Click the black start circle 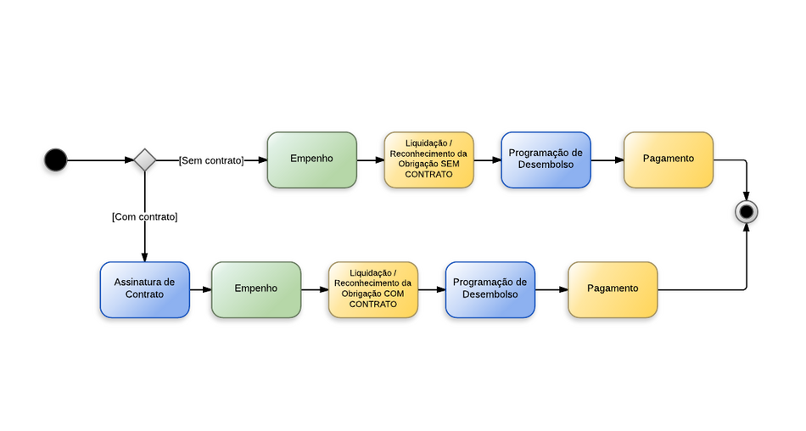point(55,160)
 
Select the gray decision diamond point(145,160)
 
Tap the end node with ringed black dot point(747,211)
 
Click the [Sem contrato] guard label point(211,160)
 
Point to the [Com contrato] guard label point(145,217)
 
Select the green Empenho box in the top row point(311,160)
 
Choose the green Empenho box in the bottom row point(256,289)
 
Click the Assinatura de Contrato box point(145,289)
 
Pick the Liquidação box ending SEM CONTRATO point(428,160)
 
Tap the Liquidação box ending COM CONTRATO point(373,289)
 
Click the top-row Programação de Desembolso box point(546,160)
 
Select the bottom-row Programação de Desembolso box point(490,289)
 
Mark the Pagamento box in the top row point(669,160)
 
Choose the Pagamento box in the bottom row point(613,289)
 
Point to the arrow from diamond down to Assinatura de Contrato point(145,242)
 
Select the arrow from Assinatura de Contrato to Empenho point(200,289)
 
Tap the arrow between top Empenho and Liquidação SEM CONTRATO point(370,160)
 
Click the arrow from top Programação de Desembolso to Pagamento point(607,160)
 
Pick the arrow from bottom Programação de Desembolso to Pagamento point(551,289)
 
